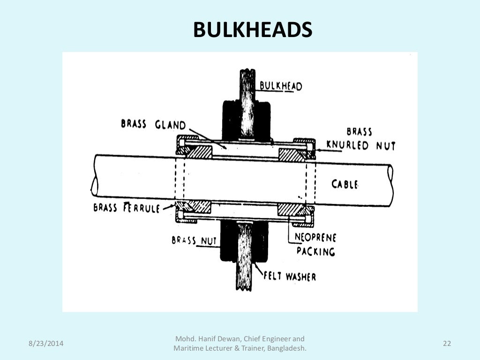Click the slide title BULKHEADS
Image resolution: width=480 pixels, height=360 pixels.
pyautogui.click(x=253, y=30)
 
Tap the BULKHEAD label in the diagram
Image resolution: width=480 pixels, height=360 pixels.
pyautogui.click(x=281, y=86)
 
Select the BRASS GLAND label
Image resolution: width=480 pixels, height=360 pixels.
pyautogui.click(x=153, y=124)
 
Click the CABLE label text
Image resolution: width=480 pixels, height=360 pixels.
pyautogui.click(x=345, y=184)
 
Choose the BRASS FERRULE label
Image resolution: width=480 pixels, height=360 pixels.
pyautogui.click(x=127, y=207)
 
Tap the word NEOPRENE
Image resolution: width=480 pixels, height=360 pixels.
pyautogui.click(x=315, y=238)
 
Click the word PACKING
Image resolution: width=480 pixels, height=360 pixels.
pyautogui.click(x=315, y=251)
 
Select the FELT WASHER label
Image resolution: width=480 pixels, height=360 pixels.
pyautogui.click(x=289, y=276)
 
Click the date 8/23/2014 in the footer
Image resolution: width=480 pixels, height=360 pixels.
pyautogui.click(x=46, y=344)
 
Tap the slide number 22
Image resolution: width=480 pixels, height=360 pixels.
pyautogui.click(x=447, y=344)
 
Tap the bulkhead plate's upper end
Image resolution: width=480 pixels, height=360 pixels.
pyautogui.click(x=247, y=75)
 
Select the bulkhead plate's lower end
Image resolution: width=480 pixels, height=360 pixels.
pyautogui.click(x=244, y=284)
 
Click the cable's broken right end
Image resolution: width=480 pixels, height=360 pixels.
pyautogui.click(x=390, y=185)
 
